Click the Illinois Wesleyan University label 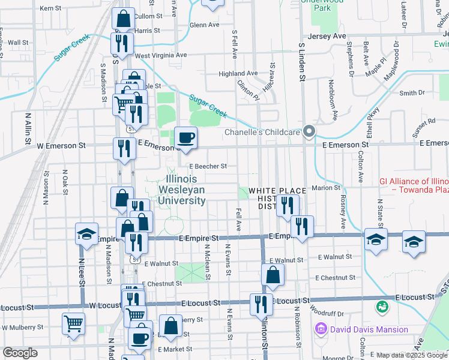tap(185, 190)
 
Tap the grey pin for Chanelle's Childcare tap(309, 132)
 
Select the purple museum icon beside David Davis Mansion tap(321, 329)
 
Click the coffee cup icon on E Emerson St tap(185, 138)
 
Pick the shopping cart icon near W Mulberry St tap(73, 323)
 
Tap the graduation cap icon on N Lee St tap(86, 233)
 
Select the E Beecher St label tap(208, 166)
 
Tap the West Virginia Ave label tap(161, 55)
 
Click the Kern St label tap(50, 8)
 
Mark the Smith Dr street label tap(412, 93)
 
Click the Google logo tap(20, 353)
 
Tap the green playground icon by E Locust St tap(380, 307)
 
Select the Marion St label tap(330, 188)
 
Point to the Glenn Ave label tap(204, 25)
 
